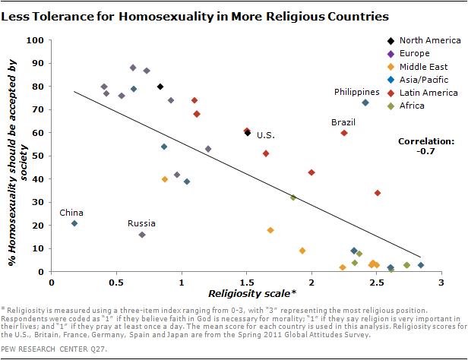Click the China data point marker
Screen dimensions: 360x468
pyautogui.click(x=74, y=223)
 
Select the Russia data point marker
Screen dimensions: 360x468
pyautogui.click(x=142, y=235)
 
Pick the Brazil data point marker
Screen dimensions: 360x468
pyautogui.click(x=344, y=133)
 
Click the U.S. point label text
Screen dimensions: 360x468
pyautogui.click(x=265, y=135)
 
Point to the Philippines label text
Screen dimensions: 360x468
pyautogui.click(x=357, y=92)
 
